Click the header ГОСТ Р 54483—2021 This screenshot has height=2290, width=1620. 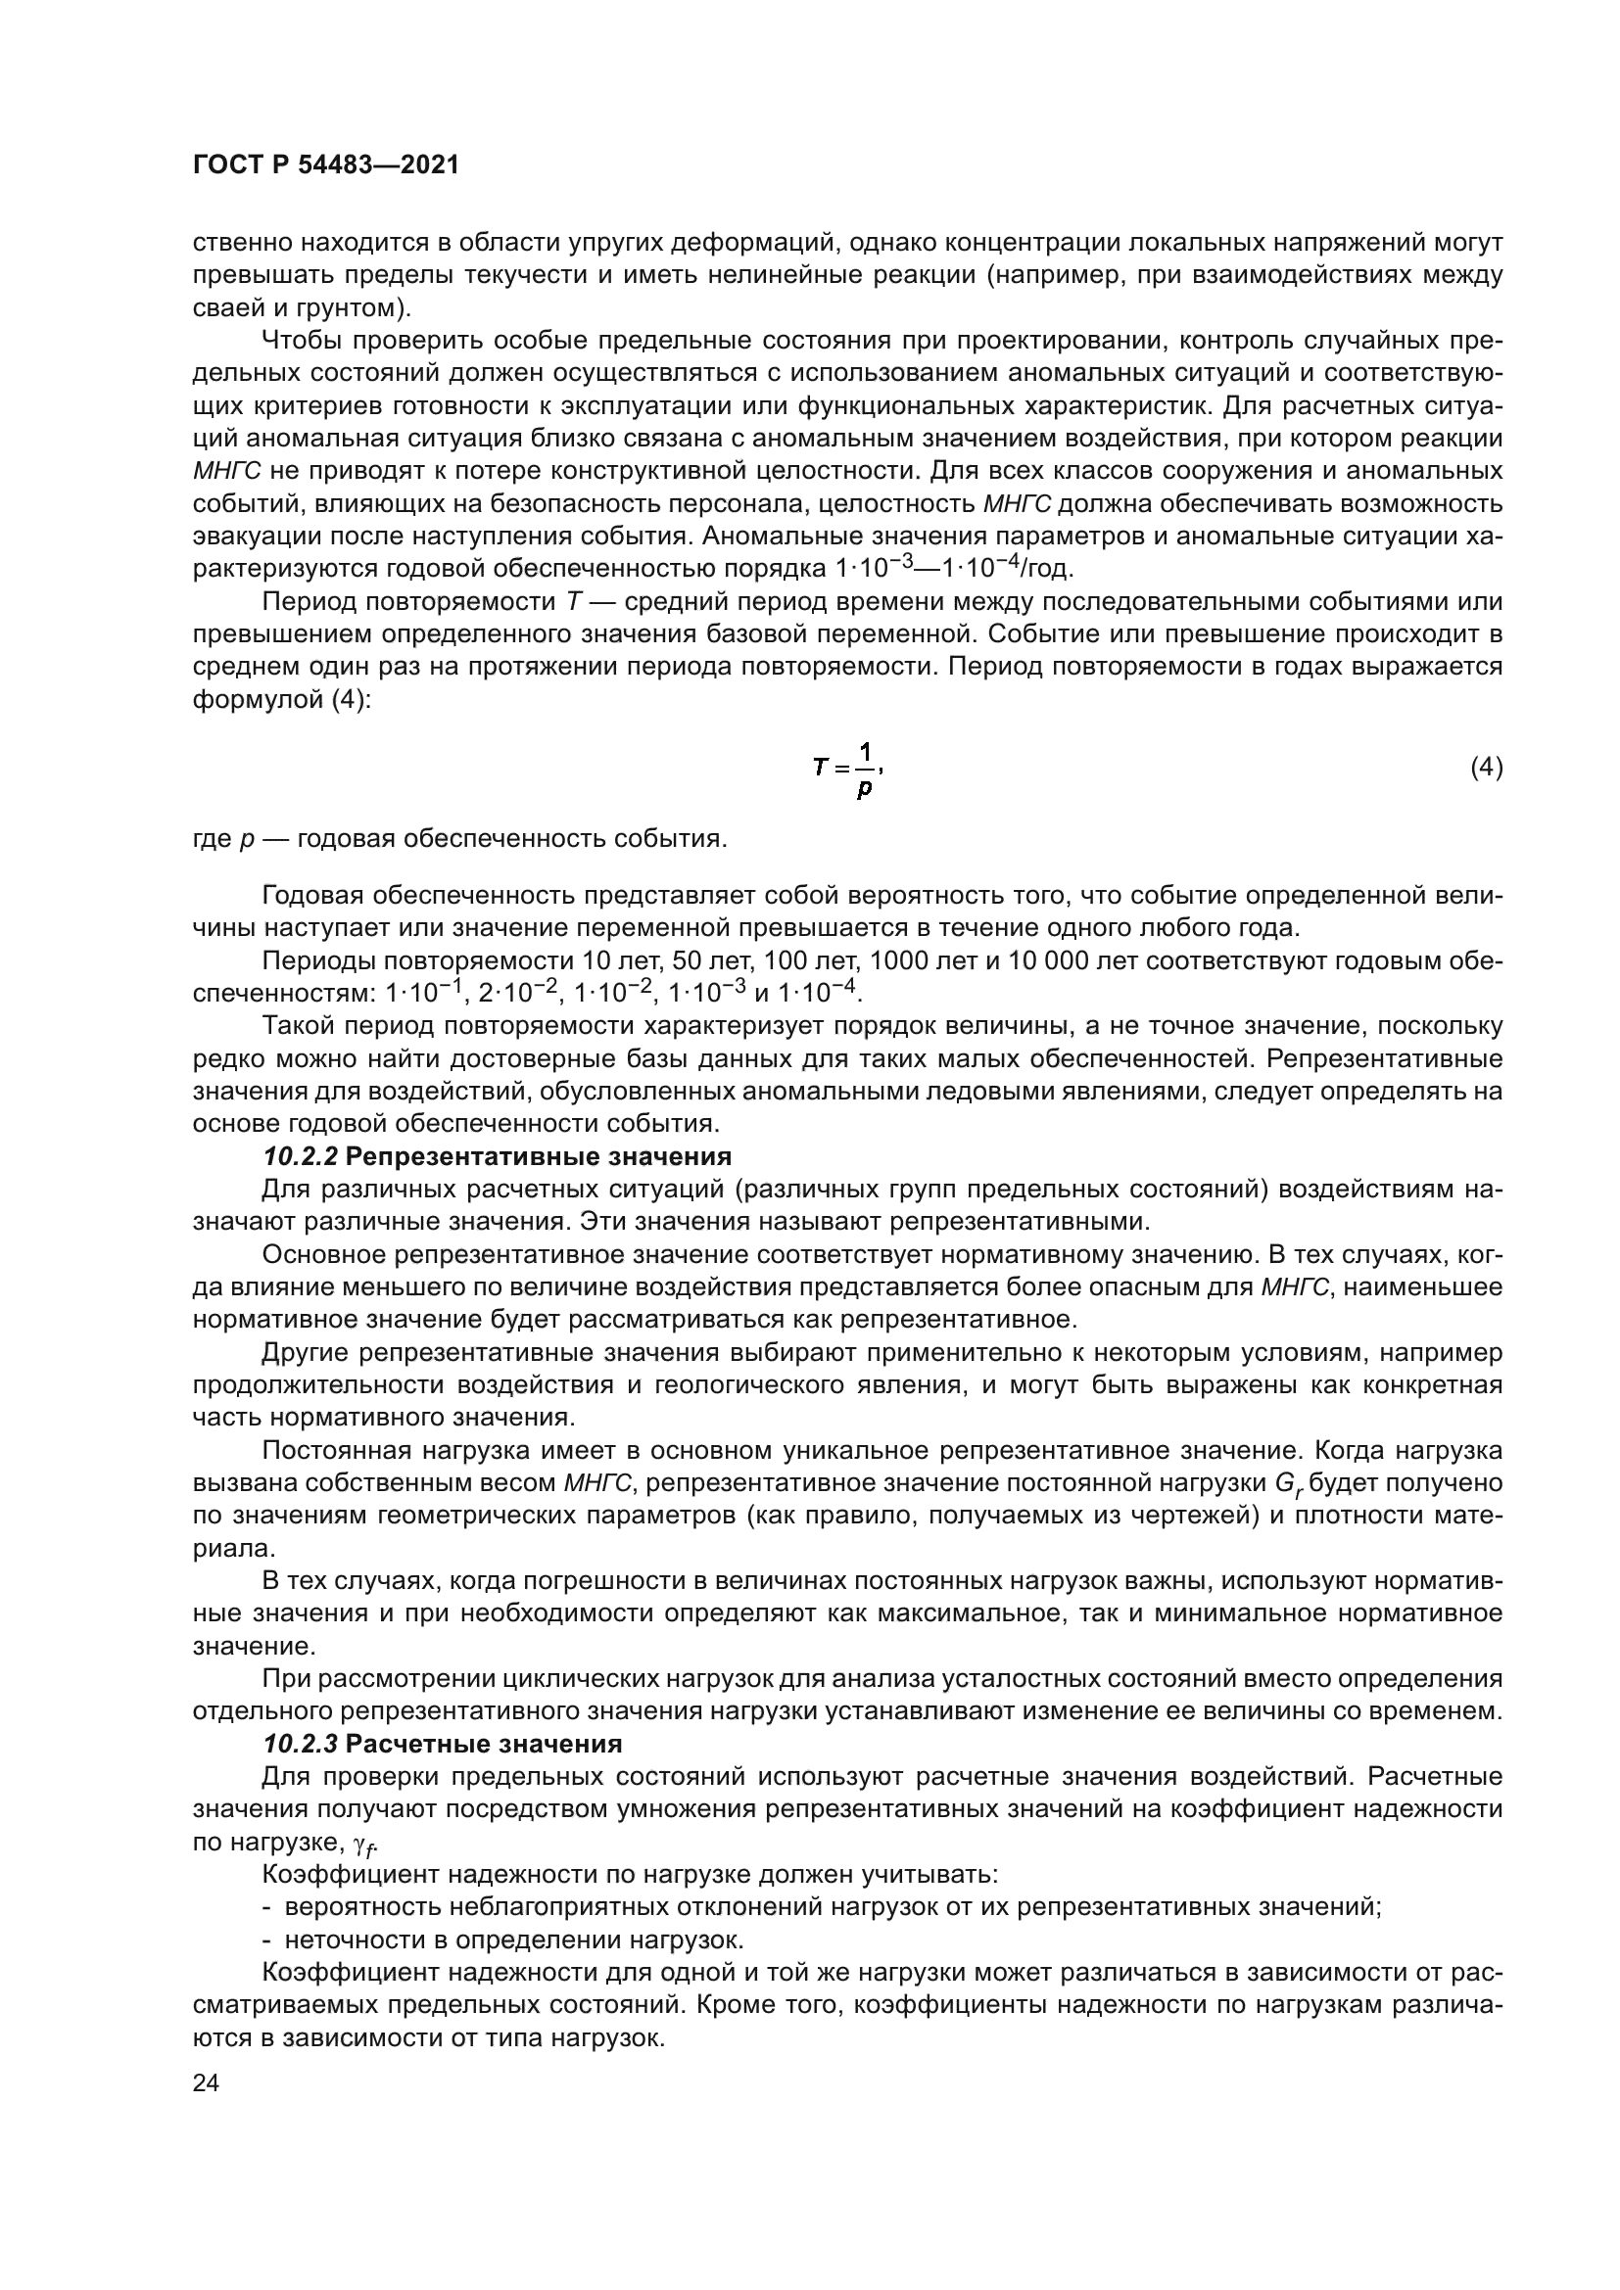pyautogui.click(x=325, y=165)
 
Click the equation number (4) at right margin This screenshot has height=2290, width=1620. pyautogui.click(x=1487, y=767)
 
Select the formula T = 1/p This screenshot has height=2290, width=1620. pyautogui.click(x=848, y=770)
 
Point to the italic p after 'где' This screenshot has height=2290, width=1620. pyautogui.click(x=247, y=839)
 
